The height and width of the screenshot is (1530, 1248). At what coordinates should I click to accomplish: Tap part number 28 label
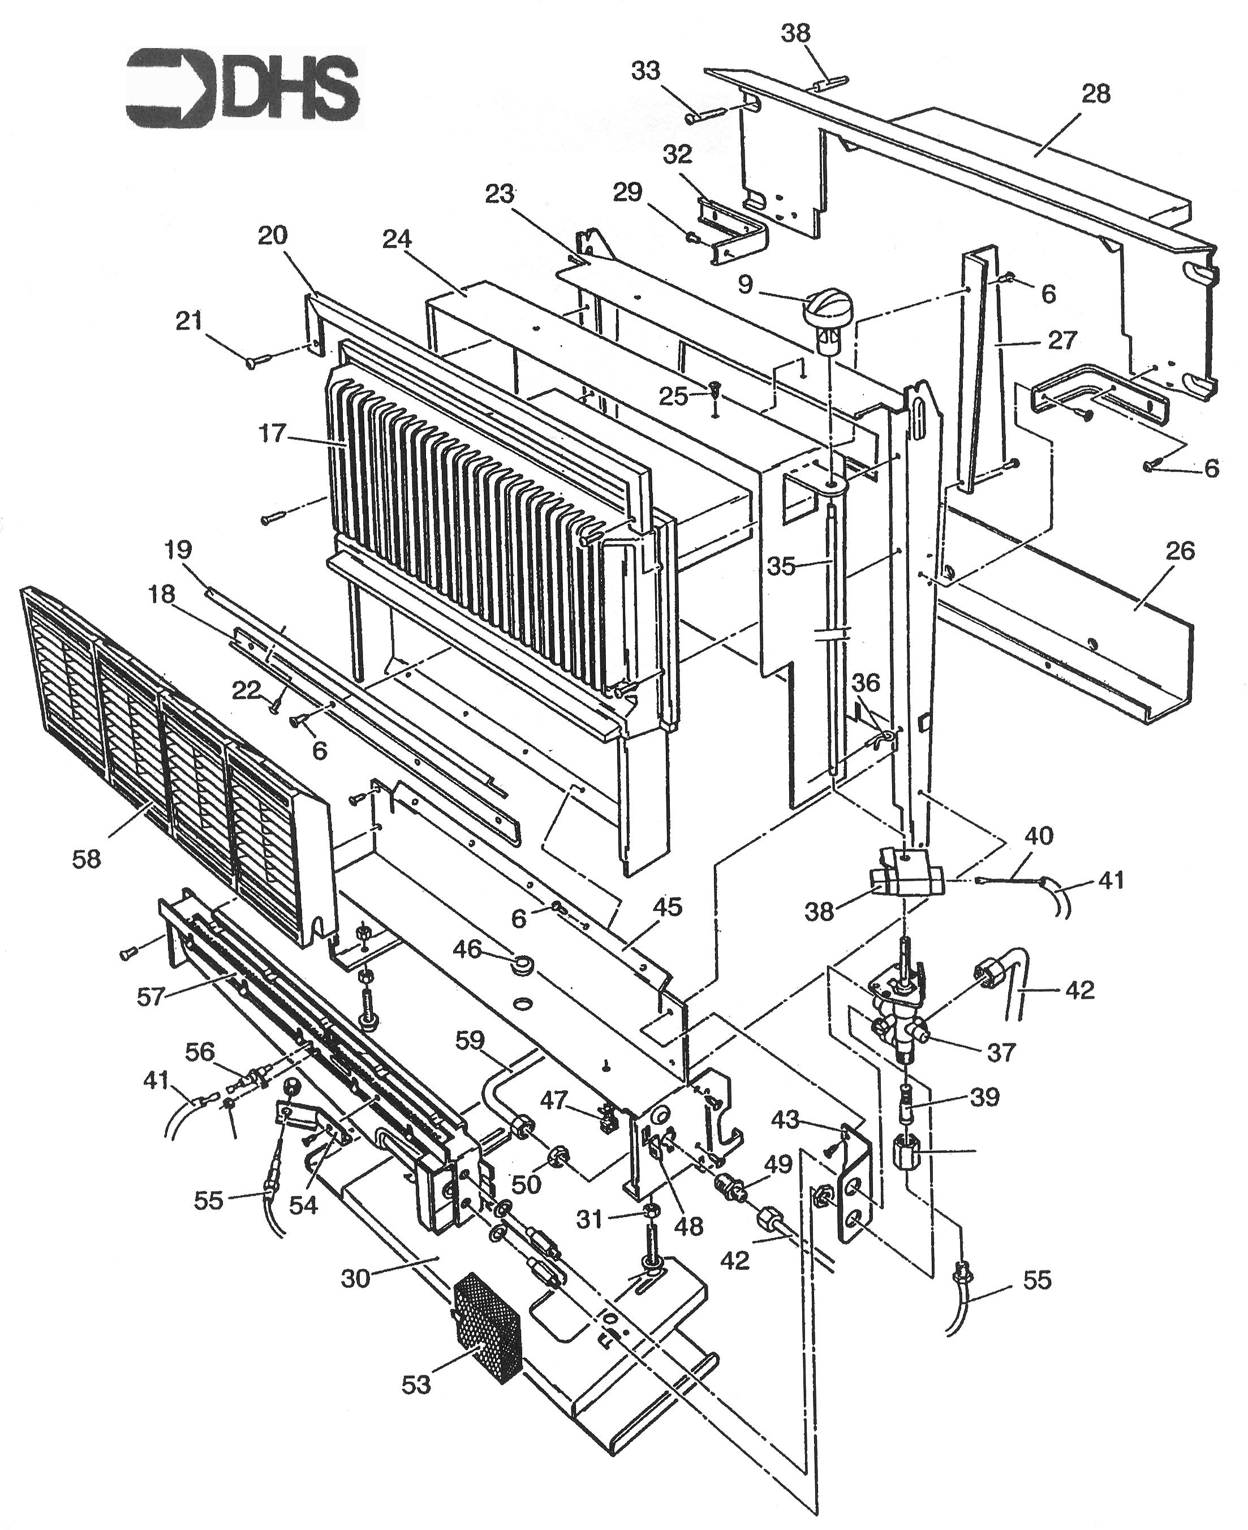pyautogui.click(x=1096, y=94)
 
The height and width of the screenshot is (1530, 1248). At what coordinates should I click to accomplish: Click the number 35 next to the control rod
pyautogui.click(x=781, y=566)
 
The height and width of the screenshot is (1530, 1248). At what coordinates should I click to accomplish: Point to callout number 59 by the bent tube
pyautogui.click(x=470, y=1041)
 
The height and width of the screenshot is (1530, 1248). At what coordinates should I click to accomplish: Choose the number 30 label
pyautogui.click(x=355, y=1278)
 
